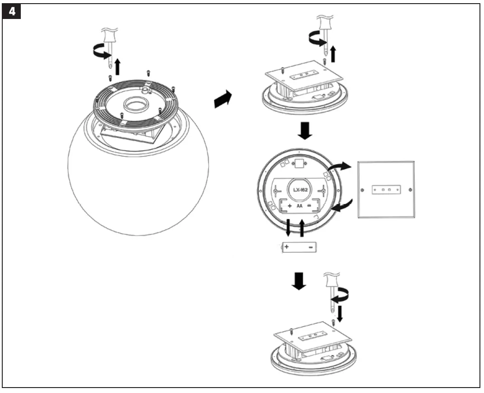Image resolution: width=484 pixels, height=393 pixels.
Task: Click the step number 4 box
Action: pos(12,12)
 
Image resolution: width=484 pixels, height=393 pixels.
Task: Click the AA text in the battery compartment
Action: pos(299,206)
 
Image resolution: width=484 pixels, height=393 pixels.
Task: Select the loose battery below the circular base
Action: pos(299,247)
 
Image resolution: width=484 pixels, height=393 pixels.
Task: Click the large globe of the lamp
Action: pos(138,190)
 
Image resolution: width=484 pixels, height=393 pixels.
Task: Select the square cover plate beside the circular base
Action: pos(386,189)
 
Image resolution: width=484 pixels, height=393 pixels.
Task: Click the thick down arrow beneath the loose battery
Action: pos(299,281)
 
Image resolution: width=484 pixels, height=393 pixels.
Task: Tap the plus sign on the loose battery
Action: pos(287,247)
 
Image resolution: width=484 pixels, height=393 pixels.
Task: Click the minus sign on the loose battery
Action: pos(311,247)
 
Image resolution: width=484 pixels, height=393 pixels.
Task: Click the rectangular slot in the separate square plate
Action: pos(386,189)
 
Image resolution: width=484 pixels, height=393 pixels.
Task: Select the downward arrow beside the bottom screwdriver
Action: pos(340,312)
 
